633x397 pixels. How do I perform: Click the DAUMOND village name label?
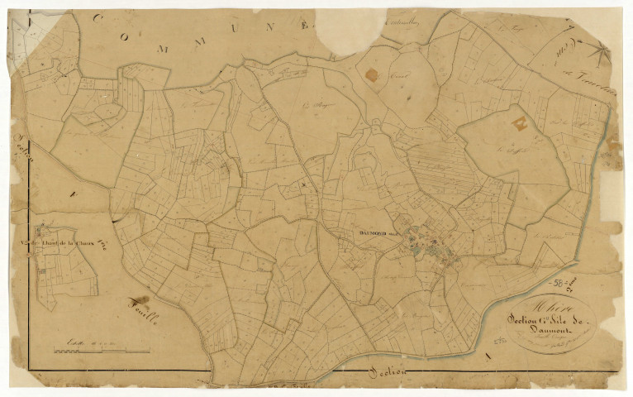click(378, 232)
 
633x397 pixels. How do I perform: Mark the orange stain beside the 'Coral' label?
click(371, 75)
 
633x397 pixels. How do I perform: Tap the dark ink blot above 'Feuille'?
click(141, 299)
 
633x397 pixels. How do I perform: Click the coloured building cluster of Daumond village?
click(430, 244)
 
